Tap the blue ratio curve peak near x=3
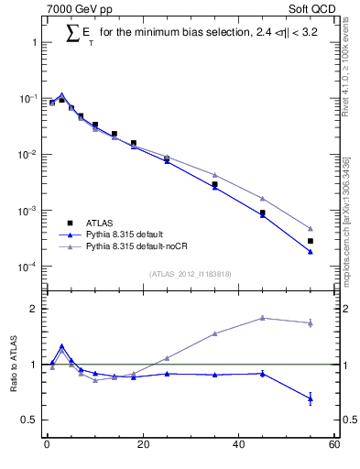click(x=61, y=346)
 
